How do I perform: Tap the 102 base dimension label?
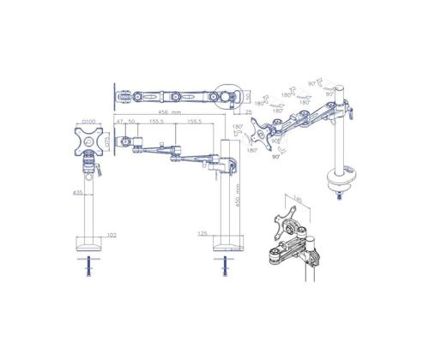(112, 232)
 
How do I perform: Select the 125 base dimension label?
(202, 232)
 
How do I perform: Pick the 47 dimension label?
(119, 123)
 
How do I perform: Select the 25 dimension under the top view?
(247, 111)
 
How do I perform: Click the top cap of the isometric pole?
(341, 88)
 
